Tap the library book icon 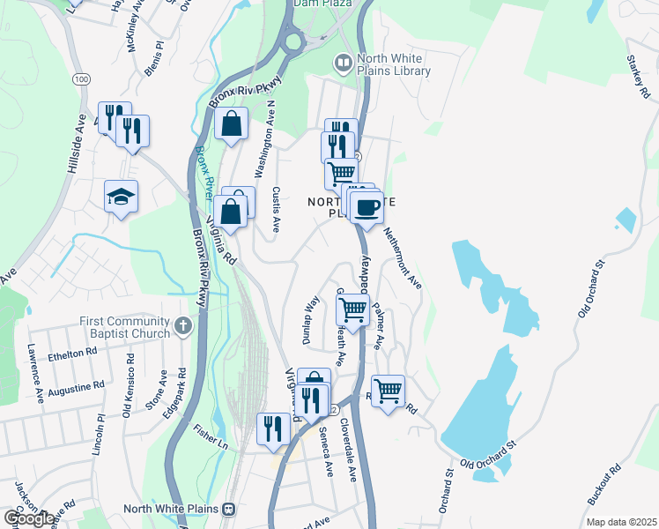(342, 63)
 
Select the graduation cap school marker (122, 197)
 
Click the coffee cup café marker (367, 207)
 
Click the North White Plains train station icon (229, 509)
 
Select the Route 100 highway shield (81, 79)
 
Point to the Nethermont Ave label (403, 257)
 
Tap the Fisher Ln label (211, 438)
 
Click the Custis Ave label (276, 208)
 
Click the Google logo (29, 518)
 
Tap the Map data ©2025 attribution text (620, 522)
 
